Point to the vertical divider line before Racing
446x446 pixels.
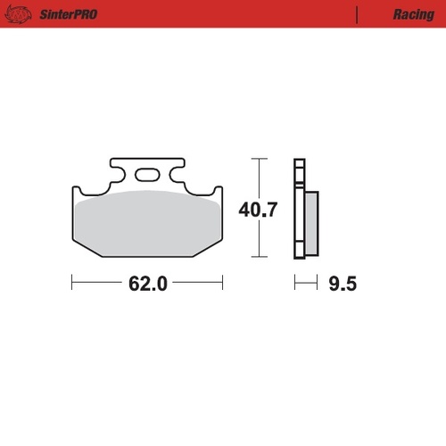point(358,15)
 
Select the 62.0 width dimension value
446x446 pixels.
point(148,285)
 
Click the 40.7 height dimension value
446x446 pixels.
point(259,211)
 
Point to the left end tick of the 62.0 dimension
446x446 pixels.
point(71,284)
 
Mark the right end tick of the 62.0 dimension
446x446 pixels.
point(222,284)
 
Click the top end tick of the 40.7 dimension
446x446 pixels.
point(259,159)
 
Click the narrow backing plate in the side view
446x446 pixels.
point(299,210)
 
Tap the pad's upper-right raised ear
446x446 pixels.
point(216,191)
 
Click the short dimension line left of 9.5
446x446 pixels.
point(306,284)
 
